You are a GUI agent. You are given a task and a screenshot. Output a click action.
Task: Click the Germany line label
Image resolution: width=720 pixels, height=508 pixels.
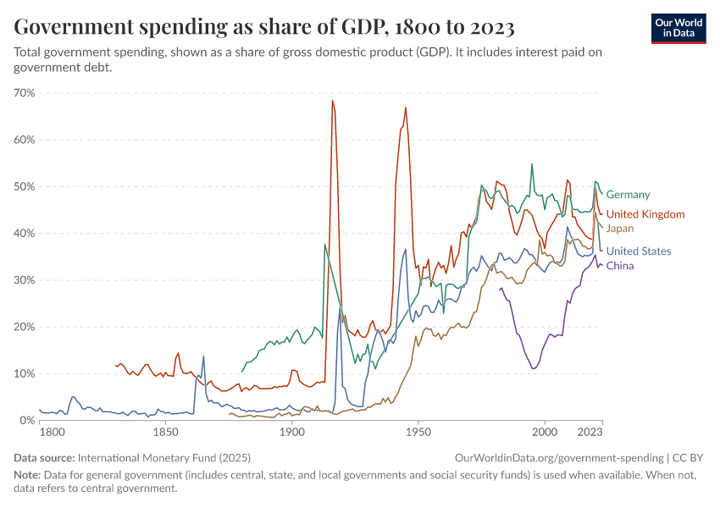point(628,195)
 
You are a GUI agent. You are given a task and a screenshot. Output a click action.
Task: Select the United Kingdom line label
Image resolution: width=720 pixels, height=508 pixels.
point(645,214)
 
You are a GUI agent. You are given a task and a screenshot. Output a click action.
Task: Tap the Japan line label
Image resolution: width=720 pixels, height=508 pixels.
point(619,229)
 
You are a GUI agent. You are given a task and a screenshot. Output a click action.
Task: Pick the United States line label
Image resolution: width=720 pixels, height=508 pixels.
point(639,251)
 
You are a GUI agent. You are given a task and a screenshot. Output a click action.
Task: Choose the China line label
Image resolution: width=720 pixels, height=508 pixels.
point(620,266)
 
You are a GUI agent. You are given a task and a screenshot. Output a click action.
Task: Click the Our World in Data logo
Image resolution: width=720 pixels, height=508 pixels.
point(678,28)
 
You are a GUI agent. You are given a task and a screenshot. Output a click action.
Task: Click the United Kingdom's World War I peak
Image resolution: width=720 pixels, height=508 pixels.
point(332,101)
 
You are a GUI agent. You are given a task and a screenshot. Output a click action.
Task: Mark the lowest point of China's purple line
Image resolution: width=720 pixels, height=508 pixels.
point(533,368)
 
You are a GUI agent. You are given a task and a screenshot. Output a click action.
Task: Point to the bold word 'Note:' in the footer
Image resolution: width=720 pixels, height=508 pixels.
point(29,475)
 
